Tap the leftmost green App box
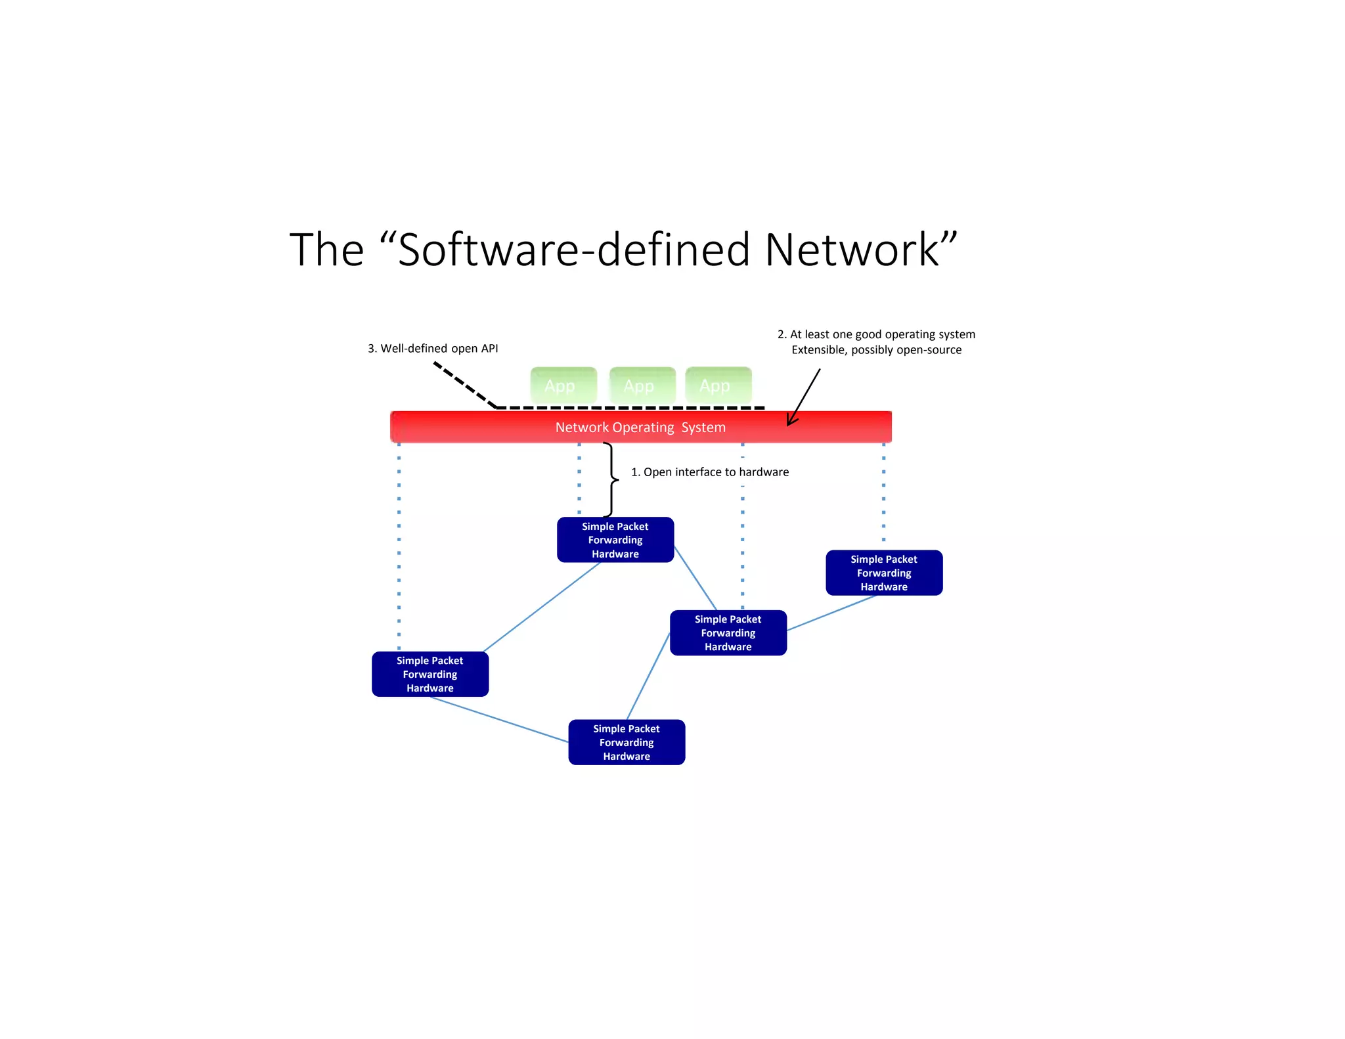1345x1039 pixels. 563,386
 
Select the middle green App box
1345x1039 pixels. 642,386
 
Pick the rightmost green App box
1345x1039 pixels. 718,386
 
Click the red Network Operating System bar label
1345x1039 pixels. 640,428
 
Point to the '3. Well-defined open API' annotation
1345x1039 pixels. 433,348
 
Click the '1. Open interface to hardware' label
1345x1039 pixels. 710,472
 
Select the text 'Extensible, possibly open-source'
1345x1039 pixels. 876,349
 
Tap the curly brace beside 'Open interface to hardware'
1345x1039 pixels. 611,479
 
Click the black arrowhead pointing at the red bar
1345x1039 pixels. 792,420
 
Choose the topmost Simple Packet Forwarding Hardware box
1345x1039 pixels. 615,540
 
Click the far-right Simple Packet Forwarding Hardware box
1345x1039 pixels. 884,573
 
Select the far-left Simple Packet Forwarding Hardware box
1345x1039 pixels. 430,674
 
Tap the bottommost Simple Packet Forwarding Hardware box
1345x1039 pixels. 627,742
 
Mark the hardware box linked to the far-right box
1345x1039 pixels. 728,632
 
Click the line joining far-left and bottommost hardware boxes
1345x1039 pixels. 499,720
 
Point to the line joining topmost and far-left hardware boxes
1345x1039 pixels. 542,607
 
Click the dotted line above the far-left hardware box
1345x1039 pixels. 399,545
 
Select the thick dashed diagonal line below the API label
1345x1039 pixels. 464,385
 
